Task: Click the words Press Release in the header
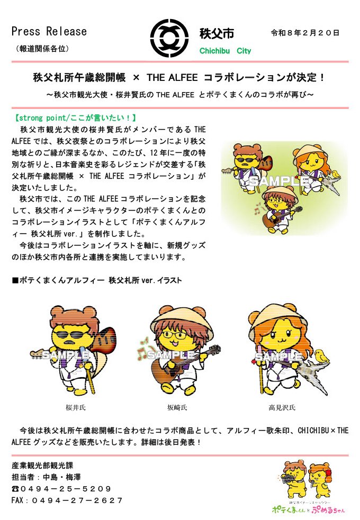pos(49,32)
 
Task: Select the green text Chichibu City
pos(225,51)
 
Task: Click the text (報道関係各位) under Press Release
pos(40,48)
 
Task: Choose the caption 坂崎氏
pos(177,407)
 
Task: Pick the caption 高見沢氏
pos(282,407)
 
